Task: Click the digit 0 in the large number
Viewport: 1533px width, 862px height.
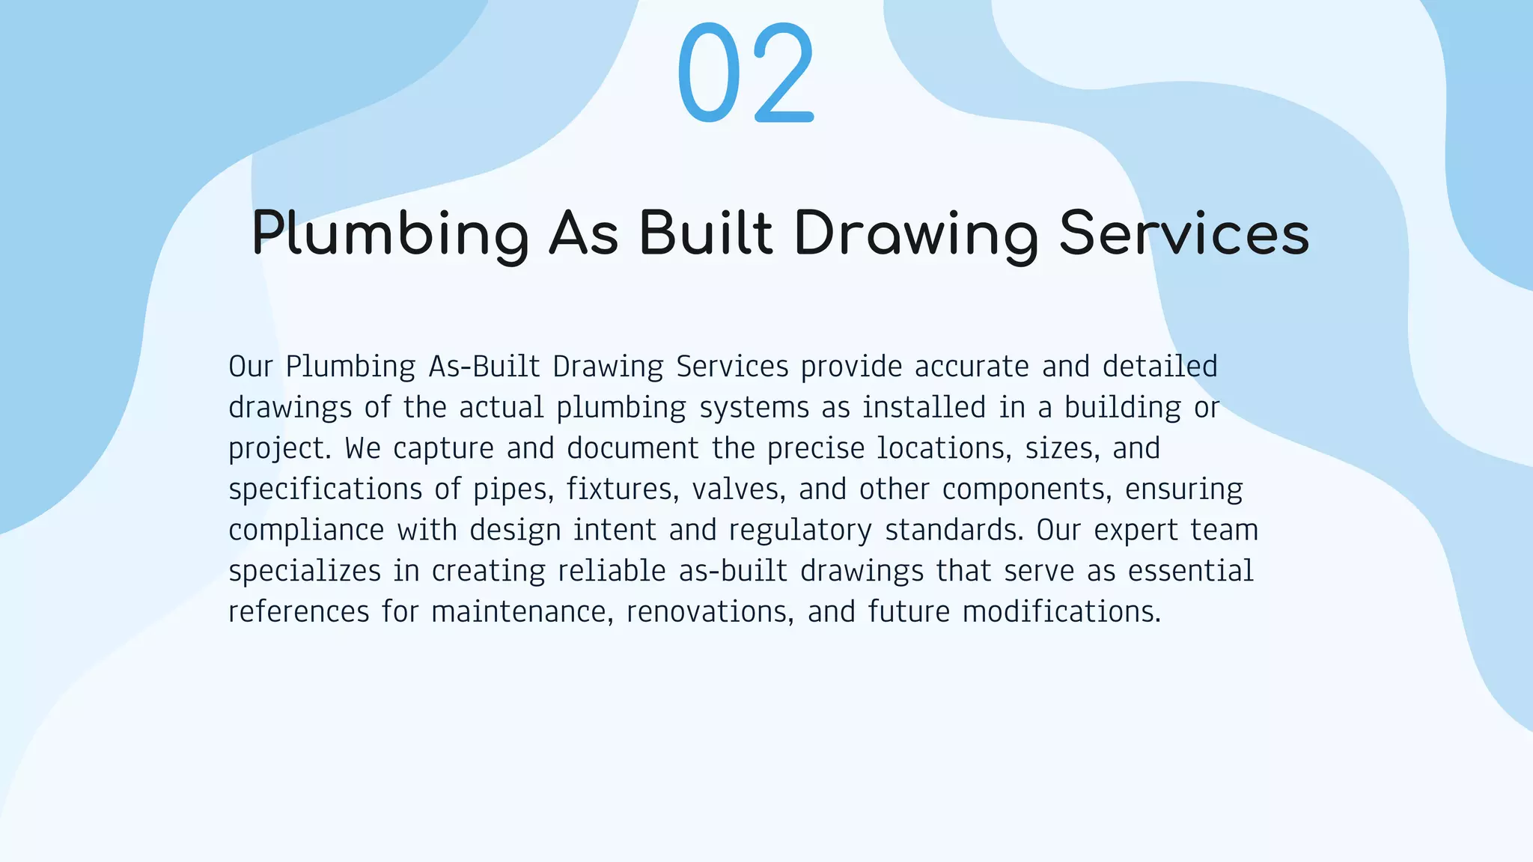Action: tap(708, 73)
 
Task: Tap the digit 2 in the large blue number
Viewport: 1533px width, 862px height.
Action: tap(784, 73)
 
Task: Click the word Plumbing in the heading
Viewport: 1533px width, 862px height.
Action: tap(390, 234)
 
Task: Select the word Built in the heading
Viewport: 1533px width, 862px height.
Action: tap(705, 233)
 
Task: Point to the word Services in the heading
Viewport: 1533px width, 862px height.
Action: tap(1184, 233)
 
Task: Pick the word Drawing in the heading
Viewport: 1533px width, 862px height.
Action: tap(916, 234)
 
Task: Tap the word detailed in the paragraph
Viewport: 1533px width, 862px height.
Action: tap(1159, 367)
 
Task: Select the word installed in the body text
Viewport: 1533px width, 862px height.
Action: tap(924, 408)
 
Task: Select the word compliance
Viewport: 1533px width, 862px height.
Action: tap(306, 531)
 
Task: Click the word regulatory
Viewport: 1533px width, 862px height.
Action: tap(800, 531)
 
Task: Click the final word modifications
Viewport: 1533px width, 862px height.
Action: tap(1061, 612)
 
